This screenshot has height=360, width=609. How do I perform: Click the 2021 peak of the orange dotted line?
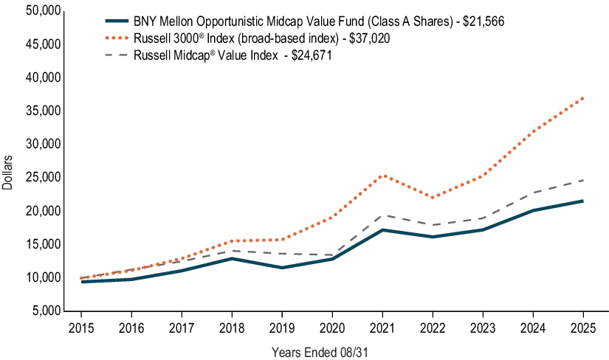pos(382,176)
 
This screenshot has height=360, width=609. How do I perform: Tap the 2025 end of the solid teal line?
pos(582,201)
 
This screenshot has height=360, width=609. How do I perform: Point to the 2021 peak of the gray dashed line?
pos(382,215)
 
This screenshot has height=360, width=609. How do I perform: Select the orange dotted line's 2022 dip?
pos(433,198)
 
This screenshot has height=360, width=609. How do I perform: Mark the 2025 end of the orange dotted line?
pos(582,97)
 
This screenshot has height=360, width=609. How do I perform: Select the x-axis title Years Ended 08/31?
pos(319,352)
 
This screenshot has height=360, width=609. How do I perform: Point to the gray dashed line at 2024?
pos(532,193)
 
